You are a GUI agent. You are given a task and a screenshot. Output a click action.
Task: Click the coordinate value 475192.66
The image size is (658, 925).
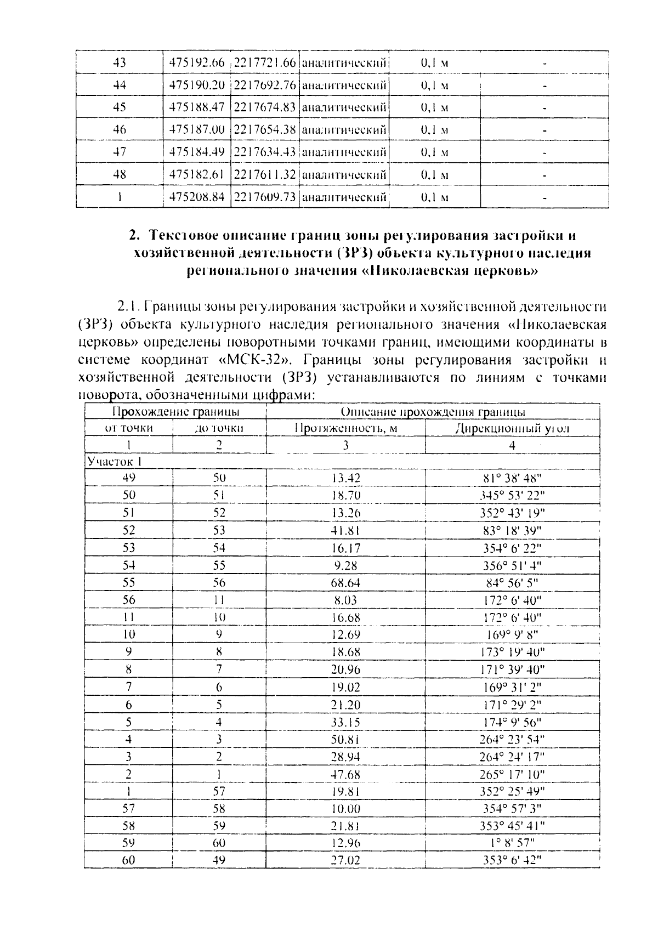[197, 63]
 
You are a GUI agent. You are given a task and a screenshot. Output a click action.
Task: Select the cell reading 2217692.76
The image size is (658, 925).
[265, 85]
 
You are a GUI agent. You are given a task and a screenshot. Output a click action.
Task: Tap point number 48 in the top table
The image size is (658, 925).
[119, 175]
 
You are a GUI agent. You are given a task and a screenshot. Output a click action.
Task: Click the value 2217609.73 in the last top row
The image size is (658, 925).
[265, 197]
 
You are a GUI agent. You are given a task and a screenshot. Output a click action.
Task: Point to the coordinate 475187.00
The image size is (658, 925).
[197, 130]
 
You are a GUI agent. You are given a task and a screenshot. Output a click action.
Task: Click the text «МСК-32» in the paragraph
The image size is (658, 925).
[257, 360]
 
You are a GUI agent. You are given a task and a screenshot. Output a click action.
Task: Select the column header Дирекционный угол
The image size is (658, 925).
[512, 428]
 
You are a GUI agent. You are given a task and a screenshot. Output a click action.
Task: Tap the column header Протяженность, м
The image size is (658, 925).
[345, 428]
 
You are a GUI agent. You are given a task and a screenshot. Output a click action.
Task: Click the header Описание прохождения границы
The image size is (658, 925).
[433, 412]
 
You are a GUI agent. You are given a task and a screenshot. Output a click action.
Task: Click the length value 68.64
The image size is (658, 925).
[346, 582]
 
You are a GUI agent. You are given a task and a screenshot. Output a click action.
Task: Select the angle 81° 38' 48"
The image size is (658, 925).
[512, 478]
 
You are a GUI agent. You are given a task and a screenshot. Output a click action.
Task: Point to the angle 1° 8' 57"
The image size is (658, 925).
[512, 843]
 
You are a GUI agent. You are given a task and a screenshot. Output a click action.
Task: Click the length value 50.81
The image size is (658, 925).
[346, 739]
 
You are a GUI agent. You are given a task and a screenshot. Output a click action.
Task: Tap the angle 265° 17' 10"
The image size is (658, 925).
[512, 774]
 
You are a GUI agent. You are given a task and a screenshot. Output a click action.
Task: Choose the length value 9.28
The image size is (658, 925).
[346, 565]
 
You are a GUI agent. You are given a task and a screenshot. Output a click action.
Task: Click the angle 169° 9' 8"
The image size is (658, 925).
[512, 634]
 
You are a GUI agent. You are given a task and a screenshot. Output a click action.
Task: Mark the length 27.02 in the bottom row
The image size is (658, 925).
[346, 860]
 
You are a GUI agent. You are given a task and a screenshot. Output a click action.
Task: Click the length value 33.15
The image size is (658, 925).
[346, 722]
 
